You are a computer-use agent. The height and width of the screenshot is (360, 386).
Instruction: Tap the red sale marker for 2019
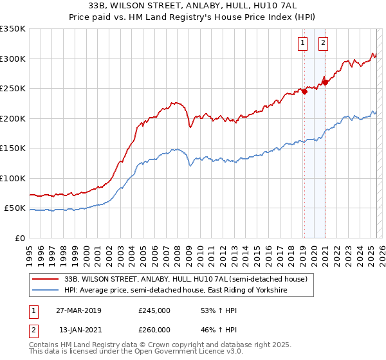click(x=305, y=91)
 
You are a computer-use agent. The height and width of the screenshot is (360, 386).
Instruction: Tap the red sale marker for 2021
click(x=326, y=82)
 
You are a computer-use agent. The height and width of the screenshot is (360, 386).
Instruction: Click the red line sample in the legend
click(x=46, y=279)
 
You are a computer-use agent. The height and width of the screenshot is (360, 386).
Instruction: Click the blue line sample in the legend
click(x=46, y=291)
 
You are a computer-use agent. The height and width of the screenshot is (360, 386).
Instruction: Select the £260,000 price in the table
click(x=154, y=330)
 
